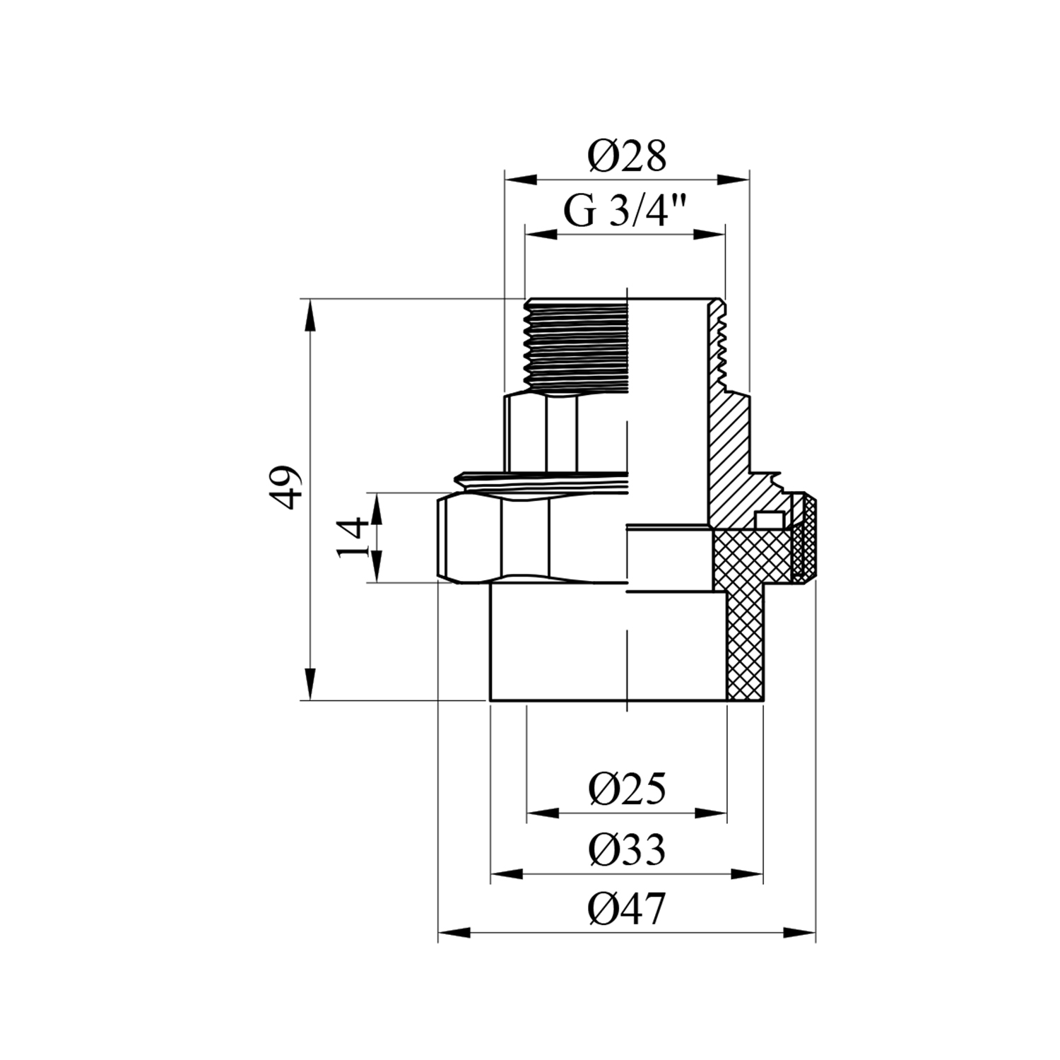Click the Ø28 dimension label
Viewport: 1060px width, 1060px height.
[627, 156]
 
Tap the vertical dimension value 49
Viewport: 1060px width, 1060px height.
[287, 487]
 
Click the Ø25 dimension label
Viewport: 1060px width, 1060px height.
[627, 789]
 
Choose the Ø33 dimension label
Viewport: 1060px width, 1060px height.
[627, 850]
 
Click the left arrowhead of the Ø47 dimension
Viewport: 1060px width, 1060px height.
[454, 934]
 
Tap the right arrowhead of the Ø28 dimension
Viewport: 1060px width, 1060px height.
[733, 179]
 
